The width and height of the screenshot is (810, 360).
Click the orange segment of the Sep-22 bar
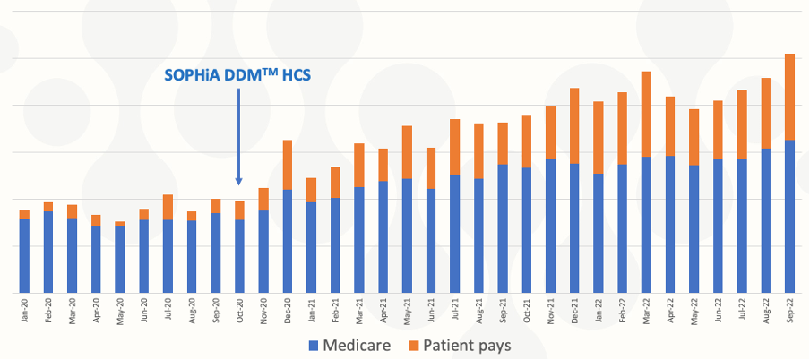click(789, 97)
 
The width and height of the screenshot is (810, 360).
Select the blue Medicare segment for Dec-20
click(288, 241)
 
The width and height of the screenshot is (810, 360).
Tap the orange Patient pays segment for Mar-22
click(646, 114)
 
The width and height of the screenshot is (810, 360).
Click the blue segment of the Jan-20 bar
click(24, 255)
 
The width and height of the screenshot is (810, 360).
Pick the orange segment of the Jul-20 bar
click(168, 207)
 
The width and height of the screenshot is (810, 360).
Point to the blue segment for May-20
click(120, 259)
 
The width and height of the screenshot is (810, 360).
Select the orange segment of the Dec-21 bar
click(574, 126)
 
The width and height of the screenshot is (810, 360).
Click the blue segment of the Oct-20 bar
click(239, 256)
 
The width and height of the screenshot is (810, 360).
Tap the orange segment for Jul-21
click(455, 147)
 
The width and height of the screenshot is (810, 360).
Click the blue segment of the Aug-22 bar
click(765, 220)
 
